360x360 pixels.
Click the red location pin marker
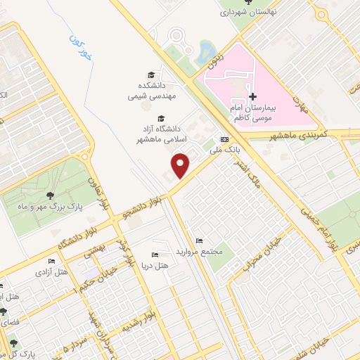[x=181, y=166]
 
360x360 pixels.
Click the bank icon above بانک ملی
[x=224, y=139]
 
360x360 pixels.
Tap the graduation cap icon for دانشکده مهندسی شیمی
[x=152, y=75]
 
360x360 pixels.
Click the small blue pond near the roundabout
[x=207, y=51]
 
